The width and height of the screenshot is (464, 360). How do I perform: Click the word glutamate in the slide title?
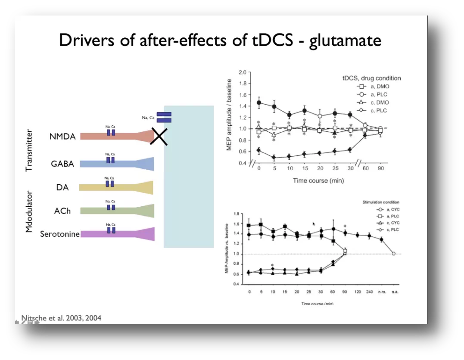click(x=345, y=40)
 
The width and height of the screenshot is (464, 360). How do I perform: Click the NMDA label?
click(x=62, y=137)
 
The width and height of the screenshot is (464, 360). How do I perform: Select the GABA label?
click(x=62, y=164)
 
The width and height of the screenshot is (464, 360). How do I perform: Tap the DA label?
click(x=62, y=187)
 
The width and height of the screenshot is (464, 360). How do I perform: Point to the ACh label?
click(x=62, y=211)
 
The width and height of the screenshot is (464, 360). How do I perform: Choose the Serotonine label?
click(x=60, y=234)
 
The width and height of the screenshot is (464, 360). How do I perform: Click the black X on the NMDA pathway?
click(x=159, y=137)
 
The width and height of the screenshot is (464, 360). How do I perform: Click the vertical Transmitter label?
click(x=29, y=150)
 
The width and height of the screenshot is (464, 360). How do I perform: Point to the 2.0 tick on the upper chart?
click(x=242, y=72)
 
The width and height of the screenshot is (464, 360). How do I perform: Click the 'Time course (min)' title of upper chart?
click(x=318, y=180)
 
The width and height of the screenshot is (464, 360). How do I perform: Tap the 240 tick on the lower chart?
click(x=369, y=292)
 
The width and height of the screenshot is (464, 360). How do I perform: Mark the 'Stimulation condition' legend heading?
click(x=381, y=202)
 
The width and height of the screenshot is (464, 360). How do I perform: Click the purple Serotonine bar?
click(x=116, y=234)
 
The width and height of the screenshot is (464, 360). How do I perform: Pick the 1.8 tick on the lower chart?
click(x=236, y=214)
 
